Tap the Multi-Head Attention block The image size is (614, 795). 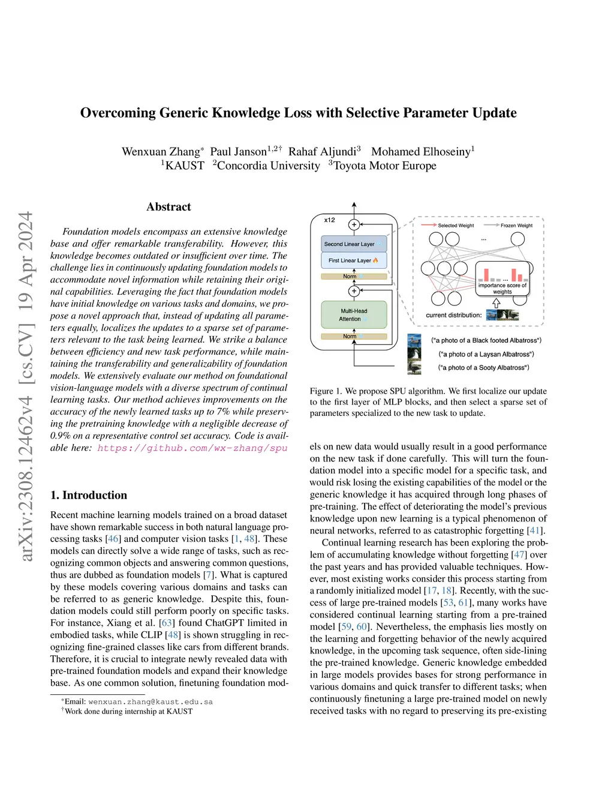(354, 315)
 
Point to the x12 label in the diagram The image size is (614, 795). (330, 220)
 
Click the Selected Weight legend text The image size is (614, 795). (456, 226)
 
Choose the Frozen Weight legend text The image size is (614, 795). (516, 226)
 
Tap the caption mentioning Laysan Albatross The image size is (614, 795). (486, 355)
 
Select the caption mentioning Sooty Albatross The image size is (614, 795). (483, 368)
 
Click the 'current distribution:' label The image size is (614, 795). (454, 315)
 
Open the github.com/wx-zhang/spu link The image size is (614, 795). (192, 448)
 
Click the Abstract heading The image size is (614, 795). (168, 207)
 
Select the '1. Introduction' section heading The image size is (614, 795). (89, 496)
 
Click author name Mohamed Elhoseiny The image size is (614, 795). (421, 152)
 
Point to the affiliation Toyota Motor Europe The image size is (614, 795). (384, 166)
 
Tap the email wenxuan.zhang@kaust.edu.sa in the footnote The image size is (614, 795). (151, 701)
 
